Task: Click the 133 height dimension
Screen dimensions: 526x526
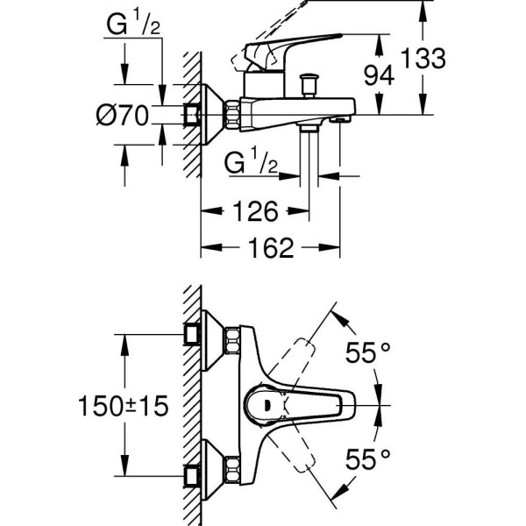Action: [x=425, y=60]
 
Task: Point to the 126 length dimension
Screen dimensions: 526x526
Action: [x=253, y=211]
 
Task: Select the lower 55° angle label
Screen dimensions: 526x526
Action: [x=366, y=458]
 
